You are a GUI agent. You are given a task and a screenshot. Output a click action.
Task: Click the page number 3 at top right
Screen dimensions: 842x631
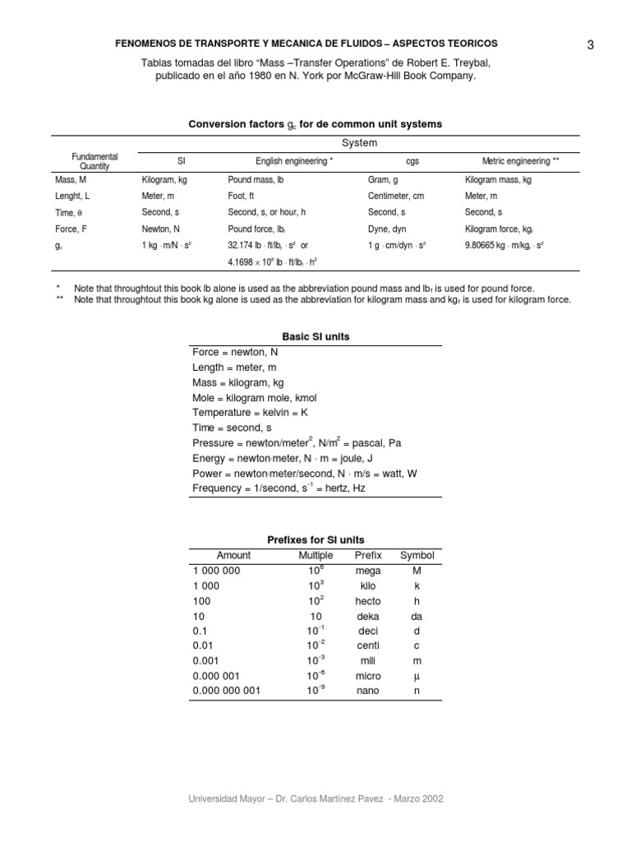tap(590, 45)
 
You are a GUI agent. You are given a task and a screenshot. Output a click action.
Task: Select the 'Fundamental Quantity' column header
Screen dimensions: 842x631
tap(94, 161)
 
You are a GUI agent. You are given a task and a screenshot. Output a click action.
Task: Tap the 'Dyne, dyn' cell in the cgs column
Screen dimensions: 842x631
tap(387, 229)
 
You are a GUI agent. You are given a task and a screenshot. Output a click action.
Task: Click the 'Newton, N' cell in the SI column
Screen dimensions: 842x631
tap(161, 229)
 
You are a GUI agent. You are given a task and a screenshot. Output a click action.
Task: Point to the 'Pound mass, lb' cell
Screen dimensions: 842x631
tap(256, 178)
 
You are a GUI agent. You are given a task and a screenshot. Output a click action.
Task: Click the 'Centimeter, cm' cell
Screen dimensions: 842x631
tap(396, 196)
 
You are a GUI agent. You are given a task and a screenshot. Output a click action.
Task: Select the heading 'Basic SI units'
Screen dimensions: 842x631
tap(315, 337)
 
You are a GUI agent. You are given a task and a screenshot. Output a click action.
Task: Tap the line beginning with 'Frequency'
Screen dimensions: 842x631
tap(279, 488)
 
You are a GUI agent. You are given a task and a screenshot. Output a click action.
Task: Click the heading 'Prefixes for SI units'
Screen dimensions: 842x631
tap(315, 540)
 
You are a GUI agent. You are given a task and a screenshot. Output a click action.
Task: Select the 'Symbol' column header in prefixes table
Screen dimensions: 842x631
tap(417, 556)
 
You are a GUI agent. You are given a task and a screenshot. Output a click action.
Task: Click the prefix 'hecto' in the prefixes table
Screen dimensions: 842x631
tap(368, 601)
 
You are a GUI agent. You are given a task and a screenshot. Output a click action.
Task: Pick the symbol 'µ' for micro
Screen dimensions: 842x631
tap(417, 676)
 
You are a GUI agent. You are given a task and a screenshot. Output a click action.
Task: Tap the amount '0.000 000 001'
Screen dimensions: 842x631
tap(226, 691)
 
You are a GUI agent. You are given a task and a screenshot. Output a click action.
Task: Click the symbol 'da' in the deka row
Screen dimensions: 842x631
tap(417, 616)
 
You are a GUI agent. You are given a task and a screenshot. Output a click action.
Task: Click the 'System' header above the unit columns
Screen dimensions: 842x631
tap(359, 143)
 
